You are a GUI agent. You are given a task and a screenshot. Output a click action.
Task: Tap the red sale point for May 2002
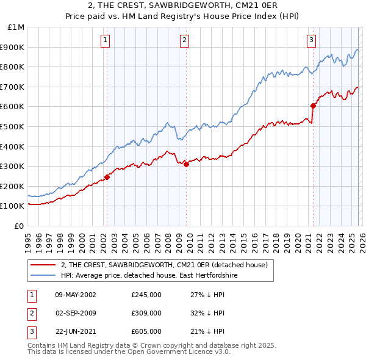tap(107, 177)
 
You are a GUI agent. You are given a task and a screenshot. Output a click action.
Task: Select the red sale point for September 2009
tap(186, 164)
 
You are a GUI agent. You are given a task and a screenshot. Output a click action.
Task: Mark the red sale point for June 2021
tap(313, 105)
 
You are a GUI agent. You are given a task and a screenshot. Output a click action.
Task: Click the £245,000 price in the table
tap(146, 295)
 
